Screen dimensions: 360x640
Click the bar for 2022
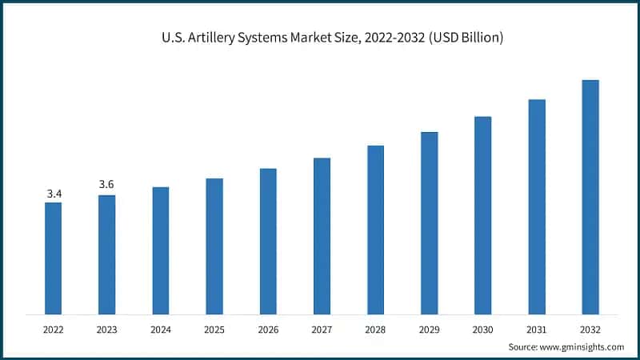coord(53,258)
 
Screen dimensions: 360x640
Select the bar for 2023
coord(106,254)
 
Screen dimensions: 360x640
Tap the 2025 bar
coord(214,246)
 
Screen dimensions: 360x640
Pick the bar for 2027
coord(322,236)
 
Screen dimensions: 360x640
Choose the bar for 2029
coord(429,222)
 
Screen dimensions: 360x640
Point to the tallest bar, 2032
coord(590,197)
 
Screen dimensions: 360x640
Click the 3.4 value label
coord(54,194)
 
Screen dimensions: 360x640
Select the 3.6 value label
coord(106,185)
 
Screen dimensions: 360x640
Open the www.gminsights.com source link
coord(582,346)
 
